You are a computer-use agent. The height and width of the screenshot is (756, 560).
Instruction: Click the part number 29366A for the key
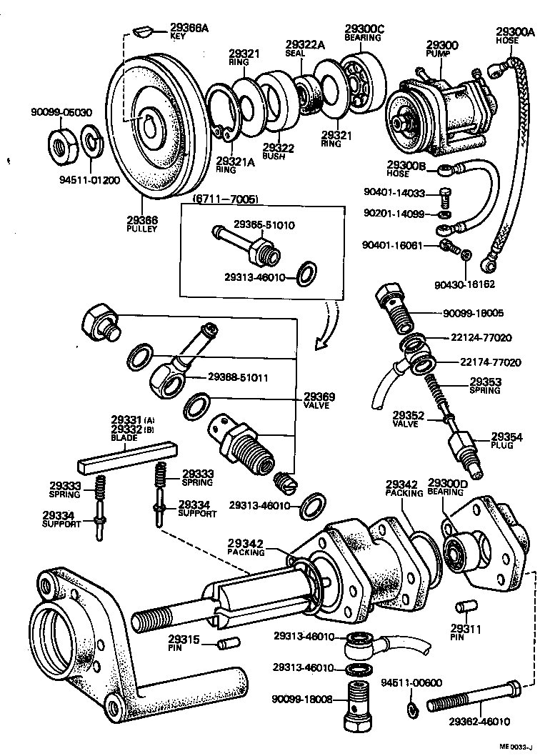(189, 29)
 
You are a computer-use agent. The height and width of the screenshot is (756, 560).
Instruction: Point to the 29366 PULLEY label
(143, 224)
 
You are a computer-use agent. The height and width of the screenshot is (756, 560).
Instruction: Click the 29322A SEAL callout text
(305, 49)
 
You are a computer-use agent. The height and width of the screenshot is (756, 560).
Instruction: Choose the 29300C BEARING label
(364, 32)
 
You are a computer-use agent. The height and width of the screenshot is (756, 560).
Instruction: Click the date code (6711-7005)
(225, 199)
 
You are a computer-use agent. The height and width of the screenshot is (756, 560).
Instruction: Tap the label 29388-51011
(238, 377)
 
